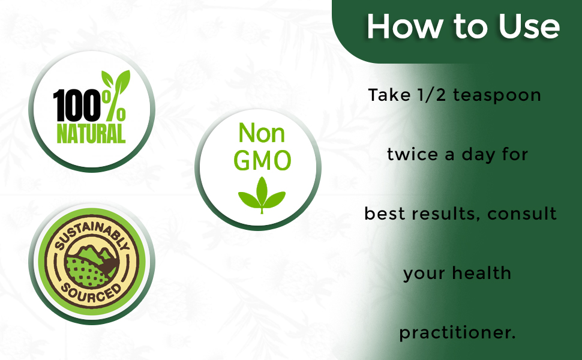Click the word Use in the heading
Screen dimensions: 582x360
click(529, 26)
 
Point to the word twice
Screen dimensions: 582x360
click(412, 154)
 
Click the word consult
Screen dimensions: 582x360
click(521, 214)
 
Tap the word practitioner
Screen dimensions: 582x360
click(457, 332)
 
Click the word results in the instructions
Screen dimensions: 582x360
click(445, 214)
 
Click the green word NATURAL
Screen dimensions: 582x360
click(91, 134)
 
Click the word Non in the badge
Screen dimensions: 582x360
click(262, 133)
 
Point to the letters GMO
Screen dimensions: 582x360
click(262, 161)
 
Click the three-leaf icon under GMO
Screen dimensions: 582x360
click(262, 195)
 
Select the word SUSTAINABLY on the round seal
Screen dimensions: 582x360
click(92, 233)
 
